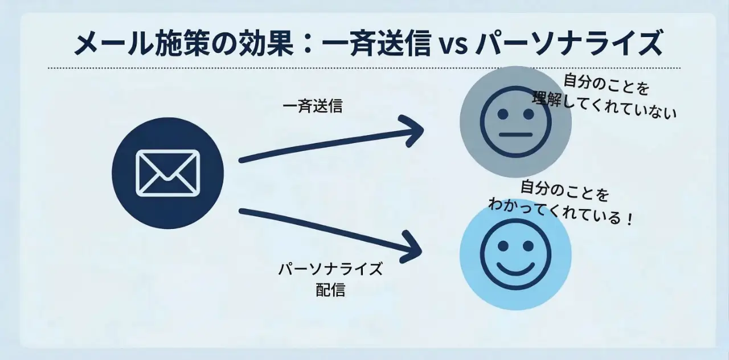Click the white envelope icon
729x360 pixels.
[x=167, y=173]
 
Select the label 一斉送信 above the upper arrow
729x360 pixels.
[x=313, y=107]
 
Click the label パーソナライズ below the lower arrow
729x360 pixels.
[x=330, y=269]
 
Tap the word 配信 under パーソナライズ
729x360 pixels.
[x=330, y=290]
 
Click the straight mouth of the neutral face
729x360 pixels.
[x=515, y=134]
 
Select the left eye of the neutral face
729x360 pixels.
[x=503, y=114]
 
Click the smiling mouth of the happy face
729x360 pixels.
[x=515, y=268]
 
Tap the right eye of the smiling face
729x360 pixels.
[x=528, y=246]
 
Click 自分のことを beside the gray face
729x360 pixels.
[x=607, y=85]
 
